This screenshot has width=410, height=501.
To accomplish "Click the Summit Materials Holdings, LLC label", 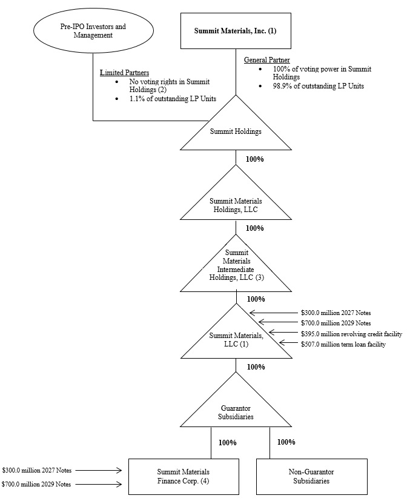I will click(236, 205).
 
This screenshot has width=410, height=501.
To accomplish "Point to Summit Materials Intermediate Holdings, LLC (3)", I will click(235, 265).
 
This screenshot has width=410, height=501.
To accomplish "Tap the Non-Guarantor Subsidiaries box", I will click(312, 477).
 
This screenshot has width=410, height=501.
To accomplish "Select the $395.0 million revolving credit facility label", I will click(351, 334).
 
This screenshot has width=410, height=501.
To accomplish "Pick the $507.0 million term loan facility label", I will click(343, 344).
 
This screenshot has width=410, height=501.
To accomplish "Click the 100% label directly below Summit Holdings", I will click(254, 159).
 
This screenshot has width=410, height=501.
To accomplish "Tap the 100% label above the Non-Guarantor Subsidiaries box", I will click(286, 442).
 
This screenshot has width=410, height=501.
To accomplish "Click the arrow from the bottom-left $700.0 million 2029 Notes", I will click(101, 484).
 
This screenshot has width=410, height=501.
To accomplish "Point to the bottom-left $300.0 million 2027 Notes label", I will click(36, 469).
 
